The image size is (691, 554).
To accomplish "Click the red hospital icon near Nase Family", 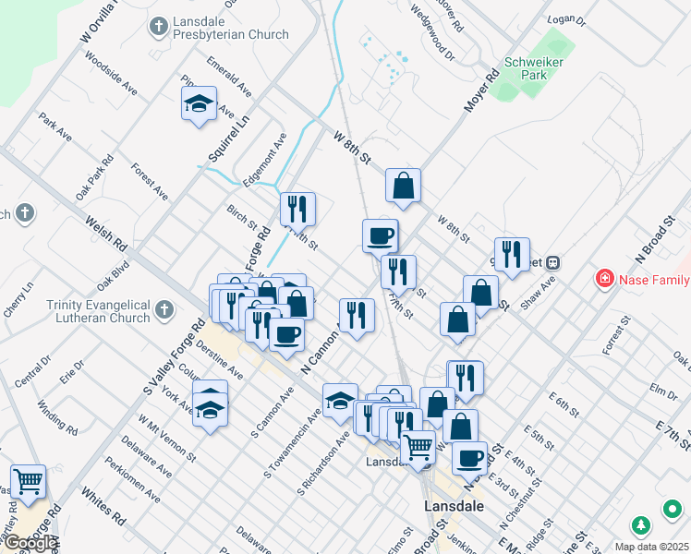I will (x=605, y=278).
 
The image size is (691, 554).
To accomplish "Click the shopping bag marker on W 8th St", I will (x=404, y=187).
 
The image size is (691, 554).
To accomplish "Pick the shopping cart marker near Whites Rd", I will (x=29, y=481).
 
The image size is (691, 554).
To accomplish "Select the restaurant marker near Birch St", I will (x=297, y=211).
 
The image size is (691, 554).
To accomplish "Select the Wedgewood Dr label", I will (x=435, y=36).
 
